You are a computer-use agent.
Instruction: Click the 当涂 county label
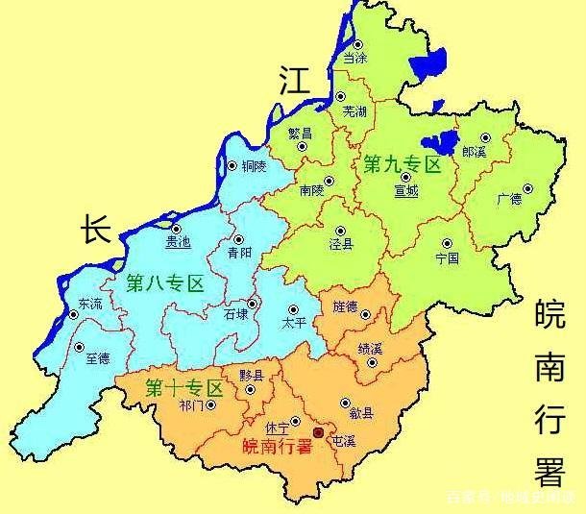[x=354, y=59]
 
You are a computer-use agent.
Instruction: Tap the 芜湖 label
[x=354, y=111]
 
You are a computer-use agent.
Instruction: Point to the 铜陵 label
[x=254, y=166]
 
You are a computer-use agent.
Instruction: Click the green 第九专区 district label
[x=402, y=165]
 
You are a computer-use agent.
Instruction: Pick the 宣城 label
[x=406, y=191]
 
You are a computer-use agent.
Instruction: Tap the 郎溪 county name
[x=474, y=153]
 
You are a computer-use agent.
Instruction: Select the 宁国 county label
[x=447, y=258]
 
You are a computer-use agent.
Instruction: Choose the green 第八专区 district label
[x=166, y=283]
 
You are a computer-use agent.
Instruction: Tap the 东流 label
[x=89, y=304]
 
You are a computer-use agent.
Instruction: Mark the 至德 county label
[x=97, y=357]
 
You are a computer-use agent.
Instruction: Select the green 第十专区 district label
[x=183, y=389]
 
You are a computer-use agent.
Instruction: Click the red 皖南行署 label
[x=278, y=446]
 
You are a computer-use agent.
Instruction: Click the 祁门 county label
[x=192, y=405]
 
